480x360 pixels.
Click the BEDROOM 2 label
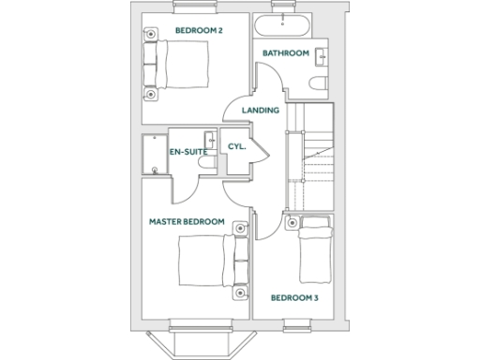[x=199, y=31]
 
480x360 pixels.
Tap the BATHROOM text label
[x=286, y=53]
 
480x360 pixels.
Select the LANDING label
[x=261, y=111]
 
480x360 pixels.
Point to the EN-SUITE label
[x=188, y=151]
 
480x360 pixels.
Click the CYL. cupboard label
[x=236, y=147]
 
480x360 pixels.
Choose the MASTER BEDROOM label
[x=187, y=222]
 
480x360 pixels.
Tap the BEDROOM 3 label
[x=294, y=298]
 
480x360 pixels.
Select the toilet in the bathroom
[x=316, y=86]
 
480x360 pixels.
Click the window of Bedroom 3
[x=299, y=324]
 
